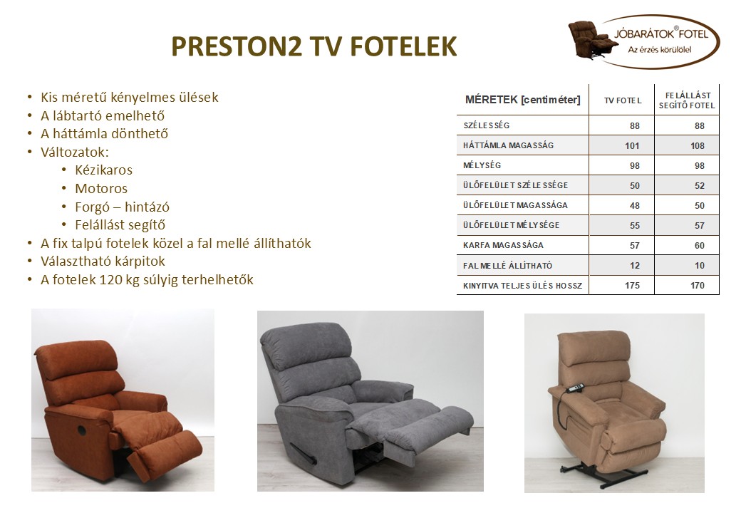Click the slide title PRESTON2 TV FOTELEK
click(314, 46)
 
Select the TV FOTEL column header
click(622, 100)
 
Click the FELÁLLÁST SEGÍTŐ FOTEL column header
click(688, 100)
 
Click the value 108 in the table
click(697, 146)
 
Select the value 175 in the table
click(631, 286)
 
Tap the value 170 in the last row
click(697, 286)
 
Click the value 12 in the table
click(634, 266)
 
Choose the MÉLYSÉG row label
click(482, 165)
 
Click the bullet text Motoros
click(101, 189)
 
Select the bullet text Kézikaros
click(103, 170)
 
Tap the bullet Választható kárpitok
click(103, 261)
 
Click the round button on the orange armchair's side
click(81, 430)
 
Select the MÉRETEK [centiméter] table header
click(522, 100)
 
